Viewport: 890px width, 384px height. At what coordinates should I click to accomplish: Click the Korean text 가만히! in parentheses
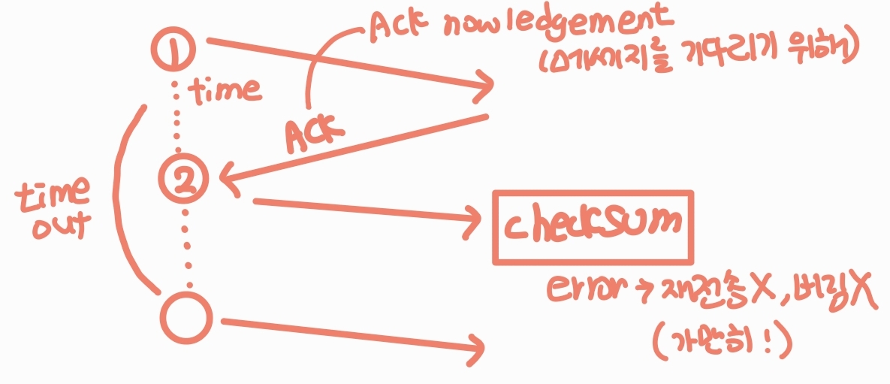pos(719,345)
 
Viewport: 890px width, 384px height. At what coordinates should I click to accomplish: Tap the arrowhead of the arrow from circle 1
pos(484,86)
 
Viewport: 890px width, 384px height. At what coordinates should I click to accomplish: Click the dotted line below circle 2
pos(186,248)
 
